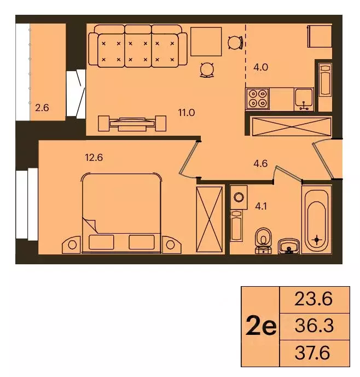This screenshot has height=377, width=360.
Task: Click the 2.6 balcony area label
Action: pyautogui.click(x=42, y=108)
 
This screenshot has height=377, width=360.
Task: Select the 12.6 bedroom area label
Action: pyautogui.click(x=94, y=159)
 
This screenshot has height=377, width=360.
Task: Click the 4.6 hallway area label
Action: pyautogui.click(x=260, y=163)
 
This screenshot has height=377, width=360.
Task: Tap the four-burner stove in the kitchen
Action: pyautogui.click(x=257, y=98)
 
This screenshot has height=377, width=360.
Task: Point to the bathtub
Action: pyautogui.click(x=316, y=218)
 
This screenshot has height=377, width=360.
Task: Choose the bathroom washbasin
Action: pyautogui.click(x=288, y=247)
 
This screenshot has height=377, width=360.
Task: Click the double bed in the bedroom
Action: pyautogui.click(x=121, y=213)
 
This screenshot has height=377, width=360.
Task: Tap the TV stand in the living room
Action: pyautogui.click(x=131, y=124)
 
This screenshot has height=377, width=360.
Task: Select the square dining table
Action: pyautogui.click(x=206, y=42)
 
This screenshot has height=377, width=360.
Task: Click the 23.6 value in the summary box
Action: pyautogui.click(x=313, y=299)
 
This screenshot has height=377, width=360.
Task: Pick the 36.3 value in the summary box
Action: pyautogui.click(x=313, y=326)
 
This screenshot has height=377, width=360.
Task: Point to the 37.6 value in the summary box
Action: pyautogui.click(x=313, y=353)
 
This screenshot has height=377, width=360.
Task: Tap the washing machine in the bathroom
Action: pyautogui.click(x=239, y=196)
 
